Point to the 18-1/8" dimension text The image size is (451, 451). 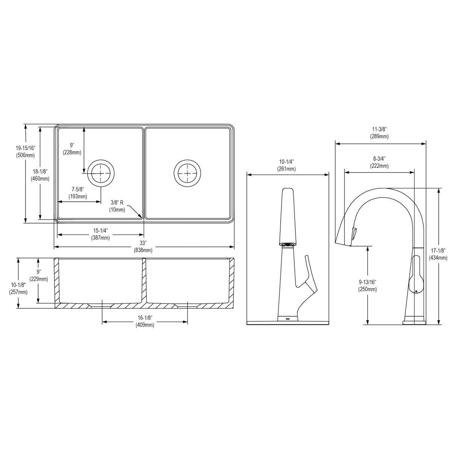coord(40,171)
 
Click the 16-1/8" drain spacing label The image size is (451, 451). coord(145,318)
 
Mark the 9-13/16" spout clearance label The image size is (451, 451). coord(368,281)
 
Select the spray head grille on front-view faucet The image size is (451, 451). coord(288,244)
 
